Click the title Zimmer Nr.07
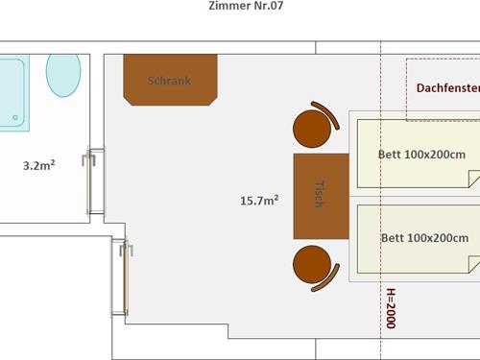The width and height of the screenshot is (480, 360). click(x=244, y=6)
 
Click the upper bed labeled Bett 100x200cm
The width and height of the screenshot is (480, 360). click(x=413, y=153)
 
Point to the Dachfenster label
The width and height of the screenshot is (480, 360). click(x=447, y=88)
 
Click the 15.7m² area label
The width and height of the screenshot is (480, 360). click(x=259, y=201)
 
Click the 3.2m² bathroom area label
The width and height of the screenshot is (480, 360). click(x=38, y=165)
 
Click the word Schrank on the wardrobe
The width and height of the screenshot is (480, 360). click(x=169, y=81)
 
